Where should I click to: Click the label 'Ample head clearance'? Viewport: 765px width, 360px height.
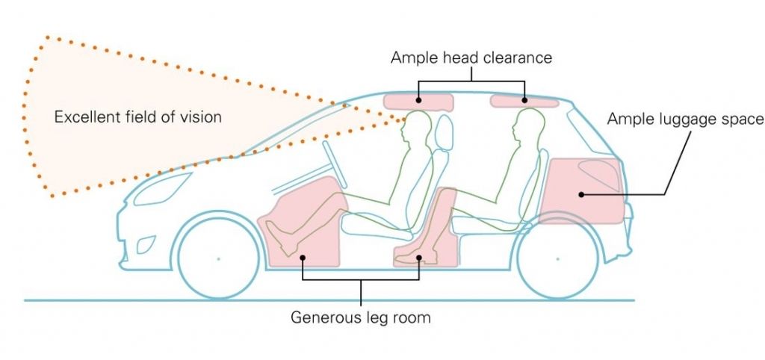(x=471, y=58)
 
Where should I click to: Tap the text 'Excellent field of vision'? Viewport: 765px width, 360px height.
(x=138, y=117)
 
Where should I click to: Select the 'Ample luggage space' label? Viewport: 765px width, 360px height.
(x=685, y=119)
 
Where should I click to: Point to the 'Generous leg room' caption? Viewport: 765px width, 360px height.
(x=361, y=317)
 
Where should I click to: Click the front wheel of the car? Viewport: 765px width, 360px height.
(x=218, y=258)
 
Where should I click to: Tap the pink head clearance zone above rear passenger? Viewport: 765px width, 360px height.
(x=524, y=101)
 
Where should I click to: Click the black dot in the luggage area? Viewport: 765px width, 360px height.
(x=580, y=194)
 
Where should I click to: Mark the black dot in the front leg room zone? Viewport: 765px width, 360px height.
(x=303, y=258)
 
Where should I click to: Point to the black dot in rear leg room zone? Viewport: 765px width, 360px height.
(x=420, y=258)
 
